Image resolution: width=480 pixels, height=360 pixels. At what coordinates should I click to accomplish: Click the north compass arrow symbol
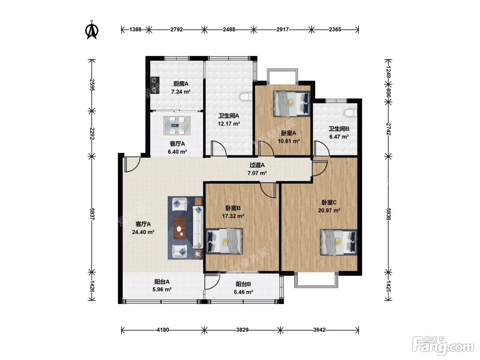tap(92, 30)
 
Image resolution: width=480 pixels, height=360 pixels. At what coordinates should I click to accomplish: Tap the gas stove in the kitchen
tap(155, 85)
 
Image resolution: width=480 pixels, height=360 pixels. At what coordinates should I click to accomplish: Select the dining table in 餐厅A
tap(177, 125)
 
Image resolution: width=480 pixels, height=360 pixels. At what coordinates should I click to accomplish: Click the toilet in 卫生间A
tap(246, 97)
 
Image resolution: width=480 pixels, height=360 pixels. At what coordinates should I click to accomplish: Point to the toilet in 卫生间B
tap(351, 113)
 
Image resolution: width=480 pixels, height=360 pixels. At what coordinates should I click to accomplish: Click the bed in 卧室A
tap(292, 104)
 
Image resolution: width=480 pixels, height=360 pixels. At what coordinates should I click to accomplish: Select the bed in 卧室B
tap(224, 241)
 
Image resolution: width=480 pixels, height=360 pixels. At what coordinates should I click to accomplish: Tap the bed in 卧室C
tap(338, 242)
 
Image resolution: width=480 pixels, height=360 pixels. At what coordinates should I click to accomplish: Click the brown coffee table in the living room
tap(180, 228)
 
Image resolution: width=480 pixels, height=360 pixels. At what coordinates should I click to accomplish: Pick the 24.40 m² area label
tap(143, 232)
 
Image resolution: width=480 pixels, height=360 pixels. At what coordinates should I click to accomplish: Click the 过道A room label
tap(257, 165)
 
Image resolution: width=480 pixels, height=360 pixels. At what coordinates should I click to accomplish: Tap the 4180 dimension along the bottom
tap(163, 329)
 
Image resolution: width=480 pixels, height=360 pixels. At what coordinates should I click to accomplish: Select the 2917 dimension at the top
tap(283, 29)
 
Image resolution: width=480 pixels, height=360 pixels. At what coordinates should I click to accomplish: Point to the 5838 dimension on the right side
tap(388, 214)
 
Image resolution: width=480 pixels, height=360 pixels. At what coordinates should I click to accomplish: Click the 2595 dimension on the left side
tap(92, 85)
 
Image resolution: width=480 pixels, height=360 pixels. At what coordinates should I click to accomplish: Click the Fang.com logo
tap(443, 346)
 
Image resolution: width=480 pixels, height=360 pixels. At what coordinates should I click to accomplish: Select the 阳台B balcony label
tap(243, 284)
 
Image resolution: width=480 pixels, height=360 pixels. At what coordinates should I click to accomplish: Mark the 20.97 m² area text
tap(329, 210)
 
